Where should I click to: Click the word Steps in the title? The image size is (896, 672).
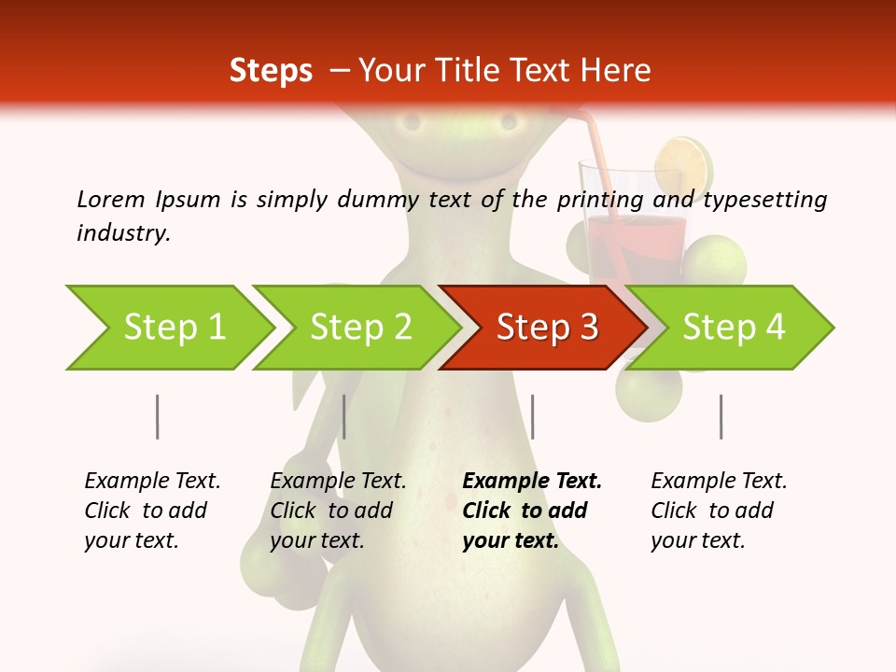271,70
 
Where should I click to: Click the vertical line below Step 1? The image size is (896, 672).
158,416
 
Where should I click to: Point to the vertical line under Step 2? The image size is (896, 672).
344,416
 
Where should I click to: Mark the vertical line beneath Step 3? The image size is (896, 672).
532,416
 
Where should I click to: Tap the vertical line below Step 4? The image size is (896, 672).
721,416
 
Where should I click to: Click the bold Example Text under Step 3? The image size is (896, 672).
532,481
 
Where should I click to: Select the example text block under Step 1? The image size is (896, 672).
152,511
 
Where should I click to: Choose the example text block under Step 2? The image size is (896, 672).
338,511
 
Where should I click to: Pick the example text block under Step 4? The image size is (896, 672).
719,511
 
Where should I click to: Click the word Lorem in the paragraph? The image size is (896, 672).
111,199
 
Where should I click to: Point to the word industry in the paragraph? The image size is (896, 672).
122,232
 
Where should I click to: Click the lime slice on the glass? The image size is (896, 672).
681,163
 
